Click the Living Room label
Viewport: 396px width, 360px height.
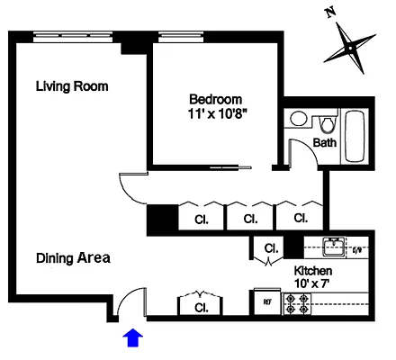[72, 87]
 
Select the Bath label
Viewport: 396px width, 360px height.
[325, 143]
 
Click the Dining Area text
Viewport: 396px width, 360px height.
[73, 258]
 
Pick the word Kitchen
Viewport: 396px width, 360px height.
[313, 270]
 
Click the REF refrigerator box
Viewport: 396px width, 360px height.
[267, 302]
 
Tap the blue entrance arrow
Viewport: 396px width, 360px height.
[132, 337]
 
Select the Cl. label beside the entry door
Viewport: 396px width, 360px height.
[200, 307]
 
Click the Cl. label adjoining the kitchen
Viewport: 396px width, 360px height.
[270, 247]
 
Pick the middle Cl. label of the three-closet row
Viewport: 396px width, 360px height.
[248, 218]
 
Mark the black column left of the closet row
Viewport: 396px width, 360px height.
[162, 219]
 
